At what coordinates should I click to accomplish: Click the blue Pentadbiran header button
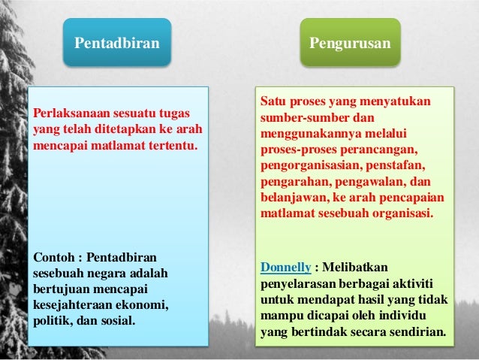(116, 43)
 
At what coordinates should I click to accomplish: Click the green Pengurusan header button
(350, 43)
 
